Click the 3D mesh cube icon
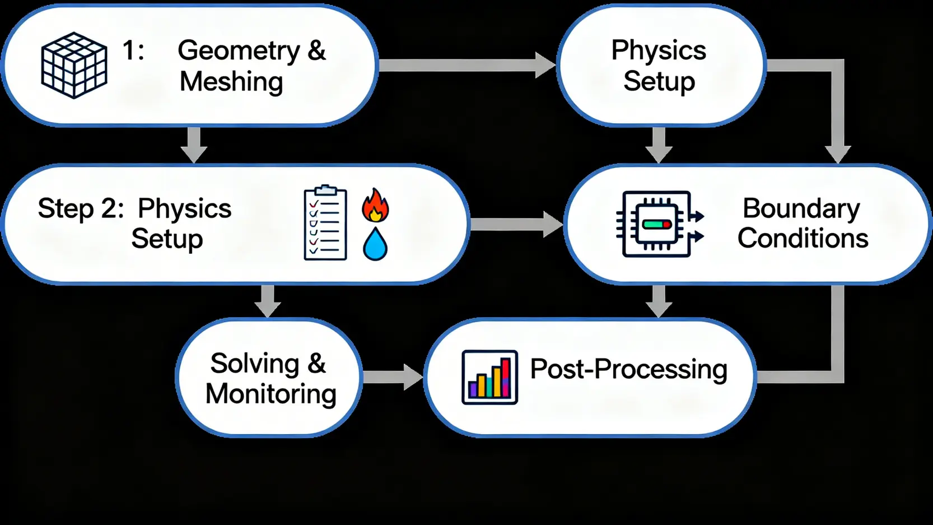[x=74, y=65]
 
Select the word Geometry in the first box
[x=239, y=51]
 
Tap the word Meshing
[x=231, y=82]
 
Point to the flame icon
[x=375, y=205]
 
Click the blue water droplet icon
[x=375, y=244]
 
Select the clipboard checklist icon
[x=325, y=223]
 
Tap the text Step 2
[x=80, y=208]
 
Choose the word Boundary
[x=801, y=208]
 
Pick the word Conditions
[x=803, y=239]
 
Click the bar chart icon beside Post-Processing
[x=489, y=377]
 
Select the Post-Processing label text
[x=628, y=369]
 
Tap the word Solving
[x=255, y=364]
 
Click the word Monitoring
[x=270, y=394]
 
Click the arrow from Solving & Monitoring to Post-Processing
[x=392, y=377]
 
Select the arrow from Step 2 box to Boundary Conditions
[x=516, y=224]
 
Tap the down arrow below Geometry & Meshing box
[x=194, y=145]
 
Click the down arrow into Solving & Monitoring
[x=268, y=301]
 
